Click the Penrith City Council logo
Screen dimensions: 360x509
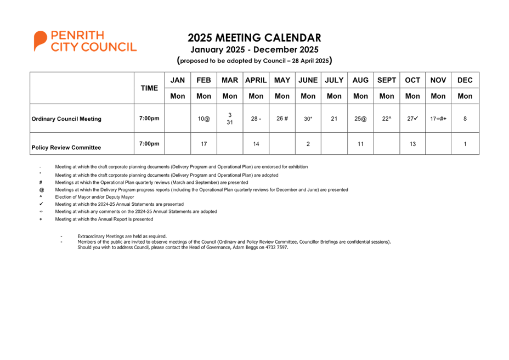(84, 41)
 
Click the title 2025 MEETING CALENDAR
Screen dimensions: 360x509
(254, 38)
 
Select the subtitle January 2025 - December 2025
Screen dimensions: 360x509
(254, 49)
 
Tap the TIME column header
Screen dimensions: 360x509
(149, 88)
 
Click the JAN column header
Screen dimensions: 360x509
(178, 80)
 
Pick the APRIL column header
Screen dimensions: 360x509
(256, 80)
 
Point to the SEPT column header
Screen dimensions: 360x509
(386, 80)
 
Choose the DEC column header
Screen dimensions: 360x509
(465, 80)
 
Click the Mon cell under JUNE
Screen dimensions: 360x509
(308, 96)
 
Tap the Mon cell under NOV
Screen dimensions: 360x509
(438, 96)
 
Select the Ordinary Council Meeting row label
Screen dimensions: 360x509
(66, 119)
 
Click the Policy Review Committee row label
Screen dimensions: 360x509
(66, 148)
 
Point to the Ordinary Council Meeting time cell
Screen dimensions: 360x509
(149, 119)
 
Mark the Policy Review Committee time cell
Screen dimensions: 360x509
(149, 144)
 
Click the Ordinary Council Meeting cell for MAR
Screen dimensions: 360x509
(230, 119)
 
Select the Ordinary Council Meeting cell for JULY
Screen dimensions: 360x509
(334, 119)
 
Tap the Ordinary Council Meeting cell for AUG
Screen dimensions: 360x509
(360, 119)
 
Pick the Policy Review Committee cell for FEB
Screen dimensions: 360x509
(203, 144)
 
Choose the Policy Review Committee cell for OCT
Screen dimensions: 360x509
(412, 144)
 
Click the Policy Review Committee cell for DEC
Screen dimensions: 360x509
(465, 144)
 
